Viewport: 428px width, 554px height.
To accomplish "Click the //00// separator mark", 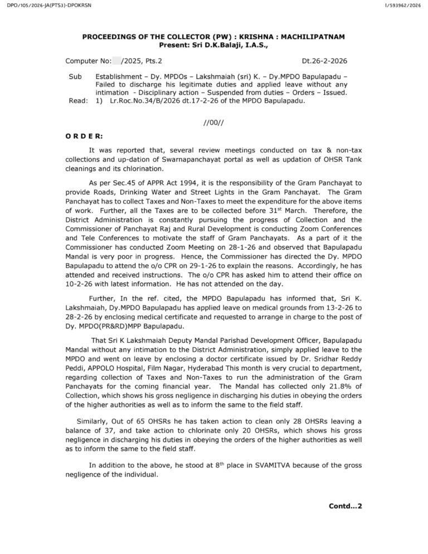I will (x=214, y=120).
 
